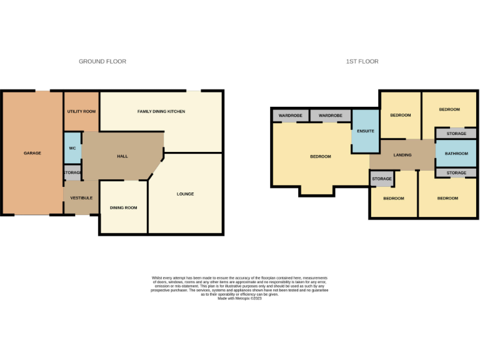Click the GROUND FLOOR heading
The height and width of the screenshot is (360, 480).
click(x=102, y=61)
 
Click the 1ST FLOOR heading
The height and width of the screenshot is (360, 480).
click(x=362, y=61)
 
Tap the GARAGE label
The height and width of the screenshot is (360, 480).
click(x=32, y=153)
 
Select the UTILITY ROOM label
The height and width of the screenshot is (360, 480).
click(x=81, y=111)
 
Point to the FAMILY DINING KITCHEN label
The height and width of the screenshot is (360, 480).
click(x=161, y=111)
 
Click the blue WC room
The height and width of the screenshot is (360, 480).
click(x=72, y=148)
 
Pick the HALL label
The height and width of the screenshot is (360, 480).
click(x=122, y=156)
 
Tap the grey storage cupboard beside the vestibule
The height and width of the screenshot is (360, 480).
click(x=72, y=172)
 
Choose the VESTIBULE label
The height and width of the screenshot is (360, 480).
click(x=81, y=197)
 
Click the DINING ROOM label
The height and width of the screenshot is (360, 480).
click(x=124, y=207)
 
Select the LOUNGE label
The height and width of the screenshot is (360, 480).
click(x=185, y=194)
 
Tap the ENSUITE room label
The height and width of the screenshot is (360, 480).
click(x=365, y=131)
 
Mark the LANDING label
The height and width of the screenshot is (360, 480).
click(x=402, y=155)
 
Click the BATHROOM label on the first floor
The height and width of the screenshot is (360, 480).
click(x=456, y=153)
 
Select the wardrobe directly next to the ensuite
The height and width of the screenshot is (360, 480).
click(x=331, y=116)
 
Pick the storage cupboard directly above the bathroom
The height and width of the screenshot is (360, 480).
click(x=456, y=134)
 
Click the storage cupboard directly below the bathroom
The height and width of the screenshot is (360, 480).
click(x=456, y=172)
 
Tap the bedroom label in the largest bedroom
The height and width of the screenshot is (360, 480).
click(x=321, y=156)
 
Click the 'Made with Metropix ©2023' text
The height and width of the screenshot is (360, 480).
click(x=240, y=299)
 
